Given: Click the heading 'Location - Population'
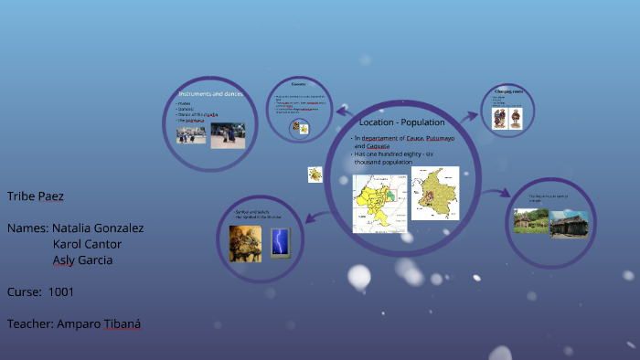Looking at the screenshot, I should [x=401, y=122].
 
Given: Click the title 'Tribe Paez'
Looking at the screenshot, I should [x=36, y=196].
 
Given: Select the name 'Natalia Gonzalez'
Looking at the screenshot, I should [x=98, y=228].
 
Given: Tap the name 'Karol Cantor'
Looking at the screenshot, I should [x=87, y=244].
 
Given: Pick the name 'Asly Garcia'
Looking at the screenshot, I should [x=82, y=259].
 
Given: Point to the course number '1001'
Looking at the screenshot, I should [x=61, y=291].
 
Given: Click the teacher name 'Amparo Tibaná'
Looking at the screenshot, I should [x=98, y=323].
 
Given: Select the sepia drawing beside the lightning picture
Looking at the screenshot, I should [x=245, y=243].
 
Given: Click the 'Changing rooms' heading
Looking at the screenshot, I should [x=507, y=91].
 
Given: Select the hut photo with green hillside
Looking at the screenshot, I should [x=530, y=221].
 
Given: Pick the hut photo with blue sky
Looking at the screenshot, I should [x=568, y=224].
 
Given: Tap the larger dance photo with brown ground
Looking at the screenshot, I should [x=228, y=135].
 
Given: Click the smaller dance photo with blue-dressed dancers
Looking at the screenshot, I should [x=191, y=135].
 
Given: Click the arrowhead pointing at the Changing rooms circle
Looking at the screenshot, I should [x=475, y=116].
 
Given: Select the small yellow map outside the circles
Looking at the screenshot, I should [x=315, y=174].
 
